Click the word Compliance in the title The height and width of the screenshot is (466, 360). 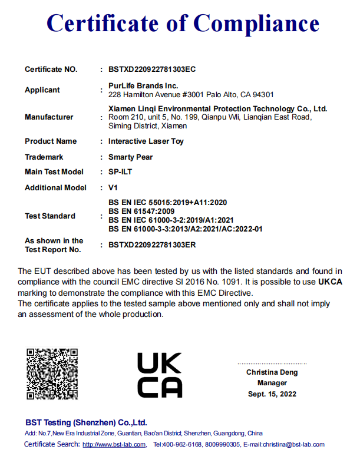click(x=257, y=23)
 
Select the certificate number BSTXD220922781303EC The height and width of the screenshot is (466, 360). click(x=152, y=70)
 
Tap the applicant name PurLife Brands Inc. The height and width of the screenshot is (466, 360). click(x=143, y=86)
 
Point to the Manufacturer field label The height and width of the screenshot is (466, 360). click(x=49, y=117)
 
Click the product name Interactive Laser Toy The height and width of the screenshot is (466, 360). click(x=147, y=141)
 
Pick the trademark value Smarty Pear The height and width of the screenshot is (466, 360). click(x=130, y=157)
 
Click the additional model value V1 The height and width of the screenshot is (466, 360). click(x=113, y=188)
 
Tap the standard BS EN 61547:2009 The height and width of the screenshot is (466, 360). click(x=142, y=211)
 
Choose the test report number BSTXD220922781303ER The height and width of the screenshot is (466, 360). click(x=152, y=244)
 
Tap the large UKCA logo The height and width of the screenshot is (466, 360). click(x=160, y=375)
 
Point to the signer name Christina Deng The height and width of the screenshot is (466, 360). click(x=272, y=372)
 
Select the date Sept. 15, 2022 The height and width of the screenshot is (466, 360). click(x=272, y=394)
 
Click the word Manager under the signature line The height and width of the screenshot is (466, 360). click(x=272, y=383)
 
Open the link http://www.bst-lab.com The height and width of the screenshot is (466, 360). click(x=114, y=445)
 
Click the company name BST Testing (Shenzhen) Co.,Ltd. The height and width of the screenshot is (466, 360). click(x=86, y=423)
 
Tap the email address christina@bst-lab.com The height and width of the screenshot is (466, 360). click(x=293, y=445)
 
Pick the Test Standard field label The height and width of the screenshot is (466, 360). click(x=50, y=216)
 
